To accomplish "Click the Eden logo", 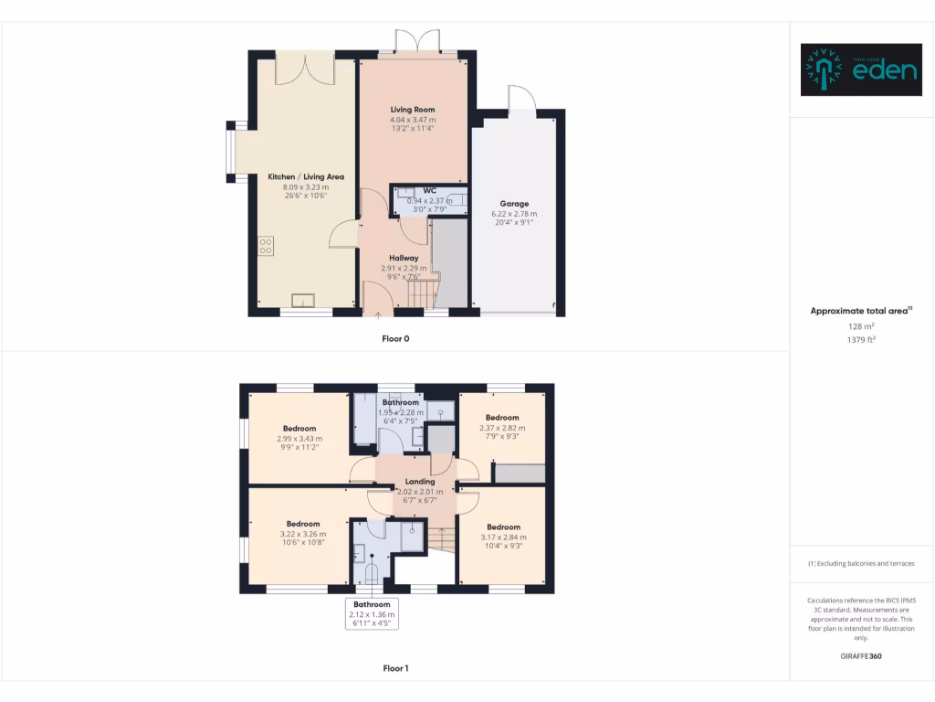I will tap(860, 69).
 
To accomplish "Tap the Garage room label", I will tap(514, 204).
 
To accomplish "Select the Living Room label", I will tap(413, 110).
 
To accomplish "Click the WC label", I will tap(429, 190).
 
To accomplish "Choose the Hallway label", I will tap(404, 258).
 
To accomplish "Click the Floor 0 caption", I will tap(395, 338).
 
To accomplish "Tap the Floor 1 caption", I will tap(395, 668).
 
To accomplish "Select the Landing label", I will tap(420, 482).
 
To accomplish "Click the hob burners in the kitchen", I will tap(266, 246).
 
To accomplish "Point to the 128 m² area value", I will tap(861, 325).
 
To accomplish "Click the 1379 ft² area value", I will tap(861, 339).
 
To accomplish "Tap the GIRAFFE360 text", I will tap(861, 655).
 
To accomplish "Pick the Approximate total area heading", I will tap(861, 311).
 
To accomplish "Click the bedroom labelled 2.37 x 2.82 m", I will tap(502, 427).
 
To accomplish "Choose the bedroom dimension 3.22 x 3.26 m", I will tap(302, 534).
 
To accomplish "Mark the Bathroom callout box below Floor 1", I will tap(372, 614).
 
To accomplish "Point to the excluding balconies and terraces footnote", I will tap(861, 563).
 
